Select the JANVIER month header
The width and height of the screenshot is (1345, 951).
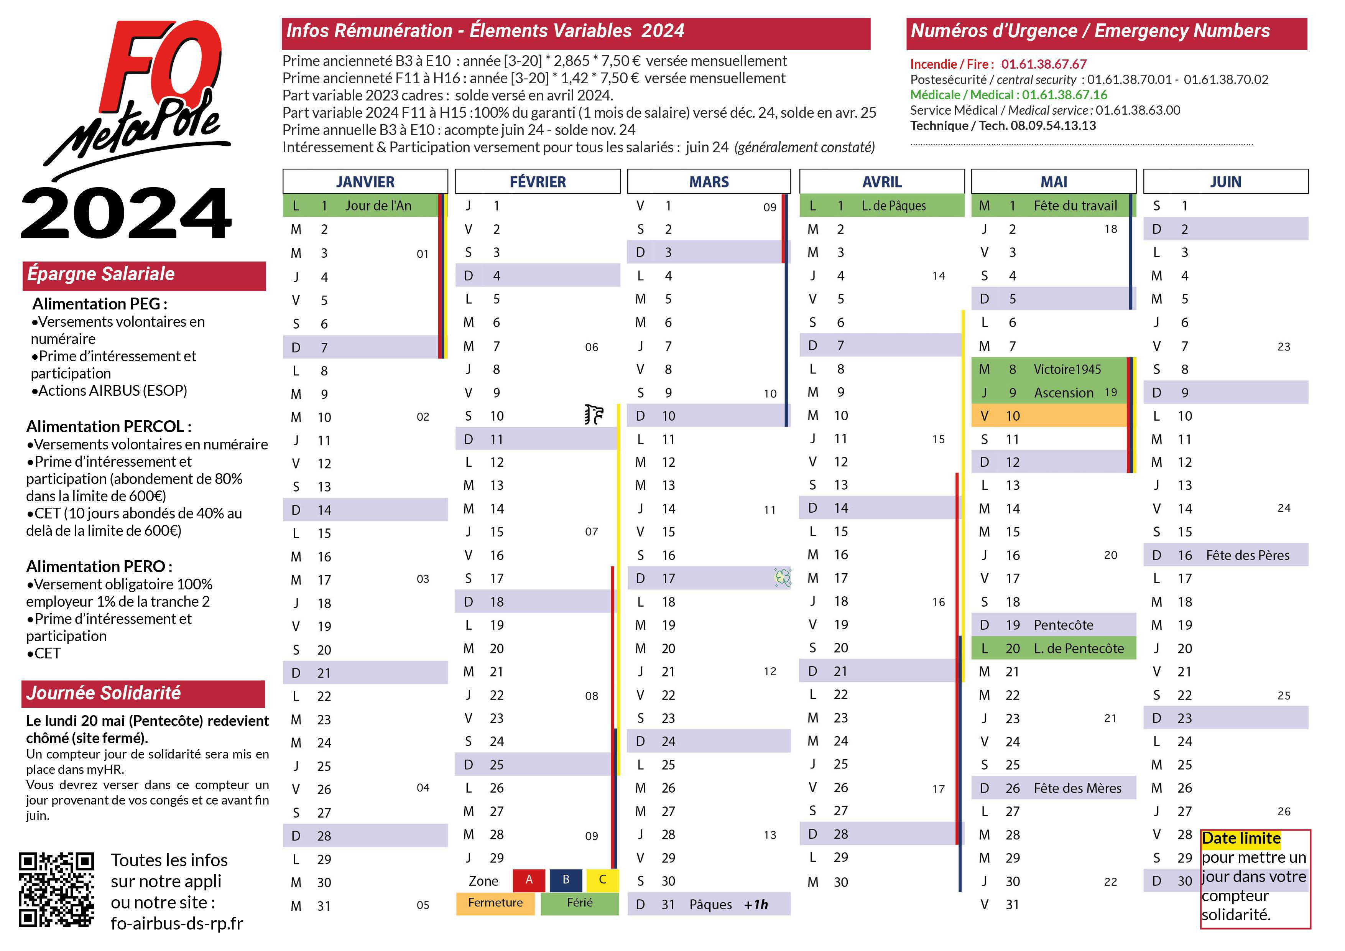[x=365, y=182]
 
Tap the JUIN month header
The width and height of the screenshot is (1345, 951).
[x=1225, y=182]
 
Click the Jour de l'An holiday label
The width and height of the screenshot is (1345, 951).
[x=378, y=206]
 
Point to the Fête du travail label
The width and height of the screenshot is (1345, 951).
[x=1075, y=206]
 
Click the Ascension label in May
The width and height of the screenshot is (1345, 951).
[x=1063, y=393]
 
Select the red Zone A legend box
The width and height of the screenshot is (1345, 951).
[x=529, y=880]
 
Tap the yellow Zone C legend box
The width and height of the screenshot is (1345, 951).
[x=602, y=880]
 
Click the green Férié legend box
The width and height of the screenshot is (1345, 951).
[x=579, y=903]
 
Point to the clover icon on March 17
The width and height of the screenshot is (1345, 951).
[x=783, y=578]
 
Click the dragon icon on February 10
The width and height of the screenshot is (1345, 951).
[x=594, y=414]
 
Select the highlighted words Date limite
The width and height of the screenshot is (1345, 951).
[x=1241, y=839]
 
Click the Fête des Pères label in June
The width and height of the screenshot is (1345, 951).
[x=1247, y=555]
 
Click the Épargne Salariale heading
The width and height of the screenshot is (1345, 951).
[x=101, y=274]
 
